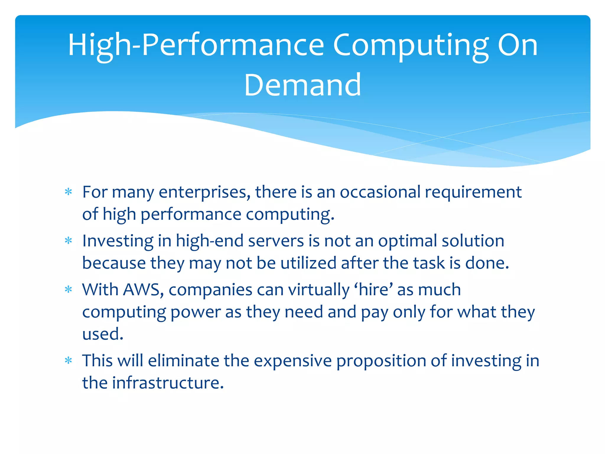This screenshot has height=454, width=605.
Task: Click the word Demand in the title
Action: [302, 85]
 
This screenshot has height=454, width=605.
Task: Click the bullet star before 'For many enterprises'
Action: [69, 192]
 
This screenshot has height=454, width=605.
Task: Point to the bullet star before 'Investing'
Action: [69, 241]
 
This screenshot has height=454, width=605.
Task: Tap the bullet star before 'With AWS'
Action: [69, 290]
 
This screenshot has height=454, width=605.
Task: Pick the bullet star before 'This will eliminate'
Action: [69, 361]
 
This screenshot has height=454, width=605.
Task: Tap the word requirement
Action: [473, 192]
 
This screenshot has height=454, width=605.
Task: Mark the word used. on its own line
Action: [103, 334]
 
